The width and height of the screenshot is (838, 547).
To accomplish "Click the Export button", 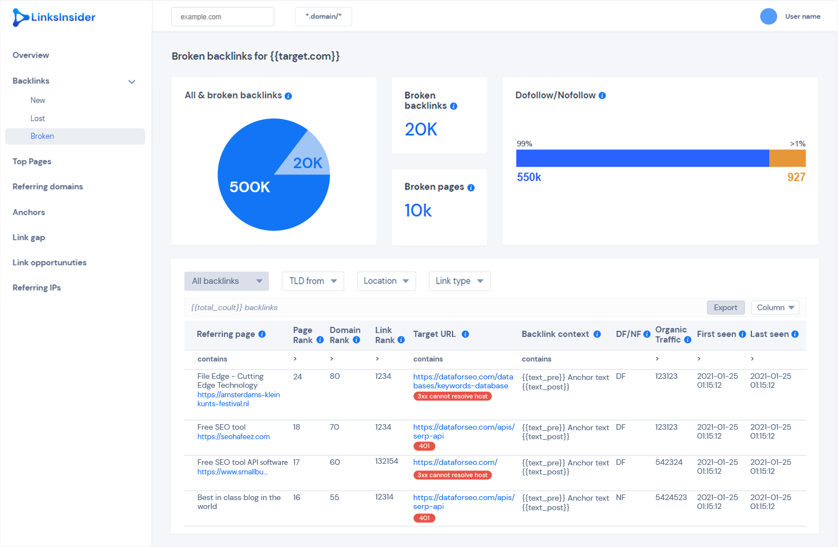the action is tap(725, 307).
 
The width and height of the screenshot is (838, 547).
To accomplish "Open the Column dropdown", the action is tap(775, 307).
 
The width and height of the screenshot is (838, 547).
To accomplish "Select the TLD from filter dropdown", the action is tap(313, 281).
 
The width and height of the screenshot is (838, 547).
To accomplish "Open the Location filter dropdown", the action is tap(386, 281).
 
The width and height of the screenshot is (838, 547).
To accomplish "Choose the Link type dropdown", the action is tap(459, 281).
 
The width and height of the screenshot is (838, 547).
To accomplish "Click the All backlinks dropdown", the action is tap(227, 281).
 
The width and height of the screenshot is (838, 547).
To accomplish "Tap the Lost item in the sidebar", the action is tap(37, 118).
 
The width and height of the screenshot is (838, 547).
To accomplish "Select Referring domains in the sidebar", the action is tap(48, 186).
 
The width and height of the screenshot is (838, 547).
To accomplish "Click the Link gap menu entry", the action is tap(29, 237).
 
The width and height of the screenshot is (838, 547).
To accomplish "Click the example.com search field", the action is tap(222, 17).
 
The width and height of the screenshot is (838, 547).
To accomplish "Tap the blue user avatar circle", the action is tap(768, 16).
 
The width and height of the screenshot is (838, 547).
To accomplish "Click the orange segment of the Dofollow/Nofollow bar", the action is tap(788, 158).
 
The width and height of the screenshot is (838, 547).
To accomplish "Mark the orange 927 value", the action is tap(797, 177).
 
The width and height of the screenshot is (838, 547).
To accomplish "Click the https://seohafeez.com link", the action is tap(234, 436).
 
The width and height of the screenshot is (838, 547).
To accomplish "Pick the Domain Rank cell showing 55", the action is tap(335, 498).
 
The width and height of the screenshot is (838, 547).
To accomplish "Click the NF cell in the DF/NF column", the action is tap(621, 498).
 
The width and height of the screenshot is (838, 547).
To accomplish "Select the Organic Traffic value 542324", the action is tap(669, 463).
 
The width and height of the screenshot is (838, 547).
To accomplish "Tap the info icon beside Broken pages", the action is tap(471, 188).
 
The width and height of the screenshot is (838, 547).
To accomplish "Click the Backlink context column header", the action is tap(555, 334).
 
